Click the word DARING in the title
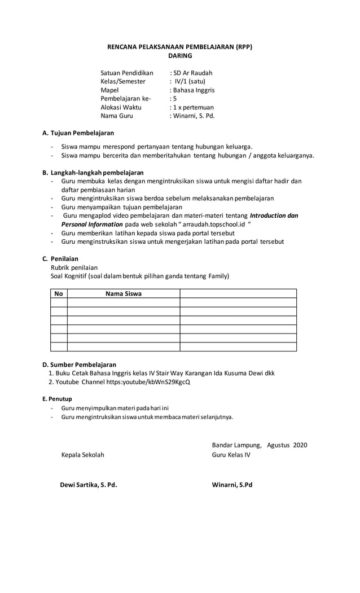[x=180, y=56]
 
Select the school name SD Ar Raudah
[x=193, y=73]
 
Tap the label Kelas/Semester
[x=122, y=81]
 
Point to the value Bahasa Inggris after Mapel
[x=194, y=90]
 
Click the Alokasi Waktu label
[x=121, y=107]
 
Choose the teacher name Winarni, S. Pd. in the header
[x=194, y=116]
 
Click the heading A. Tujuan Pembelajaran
[x=78, y=133]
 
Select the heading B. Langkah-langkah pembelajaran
[x=93, y=172]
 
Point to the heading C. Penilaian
[x=60, y=258]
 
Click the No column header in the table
[x=59, y=293]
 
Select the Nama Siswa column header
[x=124, y=293]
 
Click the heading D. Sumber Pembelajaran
[x=80, y=364]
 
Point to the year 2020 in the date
[x=300, y=445]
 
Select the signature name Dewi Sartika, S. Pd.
[x=89, y=485]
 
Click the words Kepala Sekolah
[x=82, y=455]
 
